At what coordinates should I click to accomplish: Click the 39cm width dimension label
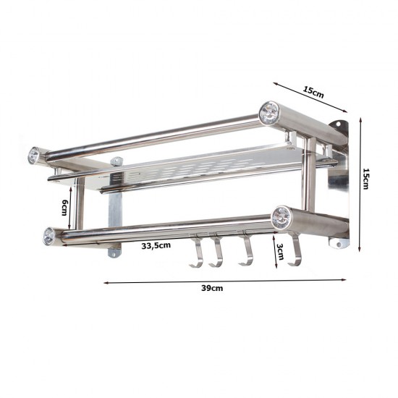coord(212,288)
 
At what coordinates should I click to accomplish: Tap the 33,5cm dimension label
coord(156,245)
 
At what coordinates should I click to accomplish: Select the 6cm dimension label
coord(65,208)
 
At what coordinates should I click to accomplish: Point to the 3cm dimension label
coord(280,252)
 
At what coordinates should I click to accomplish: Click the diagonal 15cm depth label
coord(314,92)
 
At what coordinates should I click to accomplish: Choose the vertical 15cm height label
coord(365,179)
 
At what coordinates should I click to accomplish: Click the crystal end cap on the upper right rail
coord(268,112)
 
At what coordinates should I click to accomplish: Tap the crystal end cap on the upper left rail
coord(34,155)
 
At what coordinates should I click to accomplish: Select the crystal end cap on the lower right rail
coord(281,218)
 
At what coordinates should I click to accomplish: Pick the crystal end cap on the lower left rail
coord(48,237)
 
